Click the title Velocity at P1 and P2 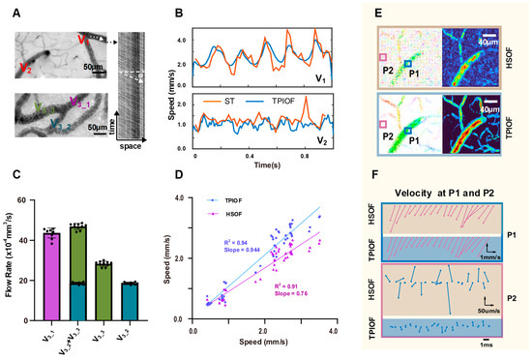tap(440, 190)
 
